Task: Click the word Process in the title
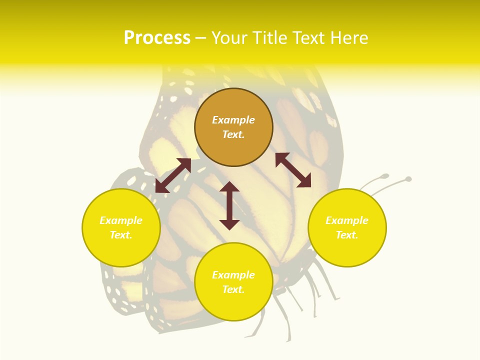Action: coord(157,38)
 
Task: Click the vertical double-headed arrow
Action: coord(229,206)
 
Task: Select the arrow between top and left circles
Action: coord(173,175)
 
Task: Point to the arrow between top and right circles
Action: coord(293,170)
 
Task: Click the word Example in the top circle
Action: coord(233,120)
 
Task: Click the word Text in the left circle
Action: coord(121,235)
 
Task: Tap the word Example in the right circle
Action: coord(347,220)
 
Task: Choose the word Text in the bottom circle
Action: coord(233,289)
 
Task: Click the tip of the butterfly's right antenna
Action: coord(408,178)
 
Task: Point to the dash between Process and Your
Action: coord(200,38)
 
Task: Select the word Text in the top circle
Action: coord(233,134)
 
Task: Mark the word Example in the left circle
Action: coord(121,220)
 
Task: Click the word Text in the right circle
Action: coord(347,235)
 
